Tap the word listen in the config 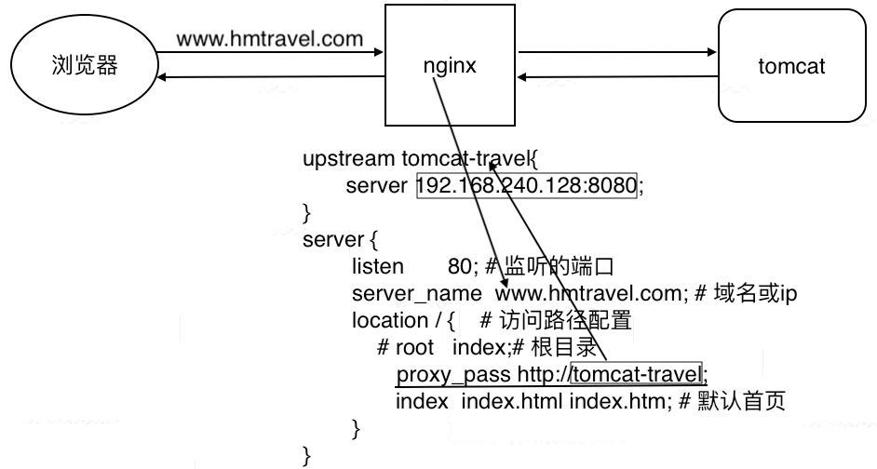[377, 266]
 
